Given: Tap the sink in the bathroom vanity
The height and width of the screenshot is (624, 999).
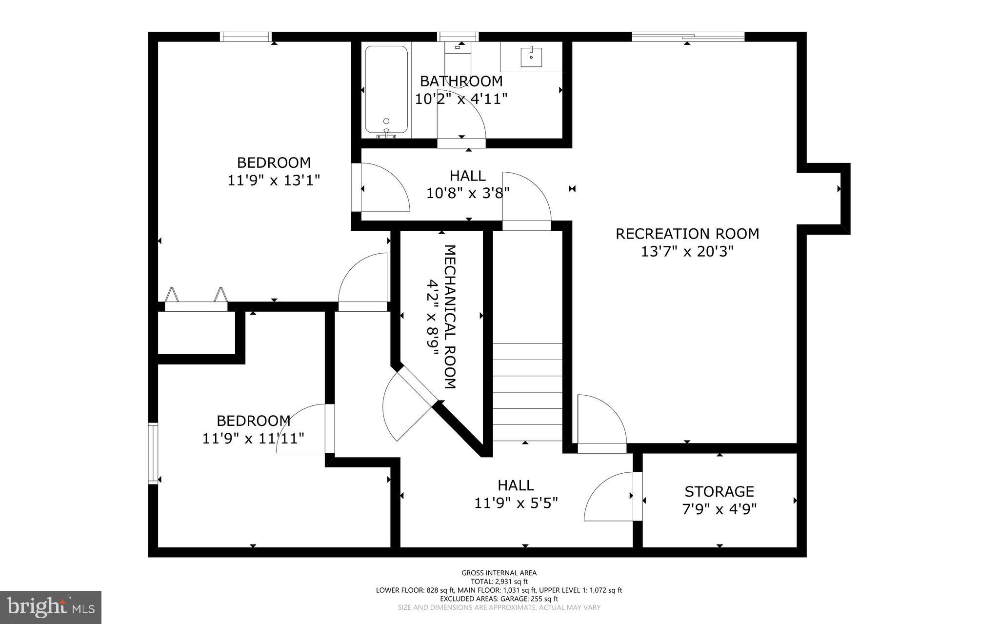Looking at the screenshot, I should click(531, 57).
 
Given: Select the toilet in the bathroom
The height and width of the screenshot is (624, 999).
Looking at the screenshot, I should click(458, 54).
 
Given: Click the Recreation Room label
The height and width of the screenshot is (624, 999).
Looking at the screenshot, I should click(687, 234).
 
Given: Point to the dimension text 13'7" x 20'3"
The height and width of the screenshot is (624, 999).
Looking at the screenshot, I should click(687, 252).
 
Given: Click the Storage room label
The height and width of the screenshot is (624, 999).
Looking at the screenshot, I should click(719, 491).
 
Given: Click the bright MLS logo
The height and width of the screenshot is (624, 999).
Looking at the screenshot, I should click(51, 607).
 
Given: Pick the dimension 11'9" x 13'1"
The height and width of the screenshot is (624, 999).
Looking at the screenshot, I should click(274, 181).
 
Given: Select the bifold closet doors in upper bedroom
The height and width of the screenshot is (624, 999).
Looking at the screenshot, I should click(196, 299).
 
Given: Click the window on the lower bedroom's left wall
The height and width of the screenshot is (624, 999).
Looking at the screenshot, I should click(153, 454).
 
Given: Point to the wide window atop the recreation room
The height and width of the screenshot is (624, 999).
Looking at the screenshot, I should click(688, 36).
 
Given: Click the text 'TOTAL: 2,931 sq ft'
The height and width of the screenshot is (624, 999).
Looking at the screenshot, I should click(499, 582).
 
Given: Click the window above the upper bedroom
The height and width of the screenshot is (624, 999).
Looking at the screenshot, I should click(245, 37).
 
